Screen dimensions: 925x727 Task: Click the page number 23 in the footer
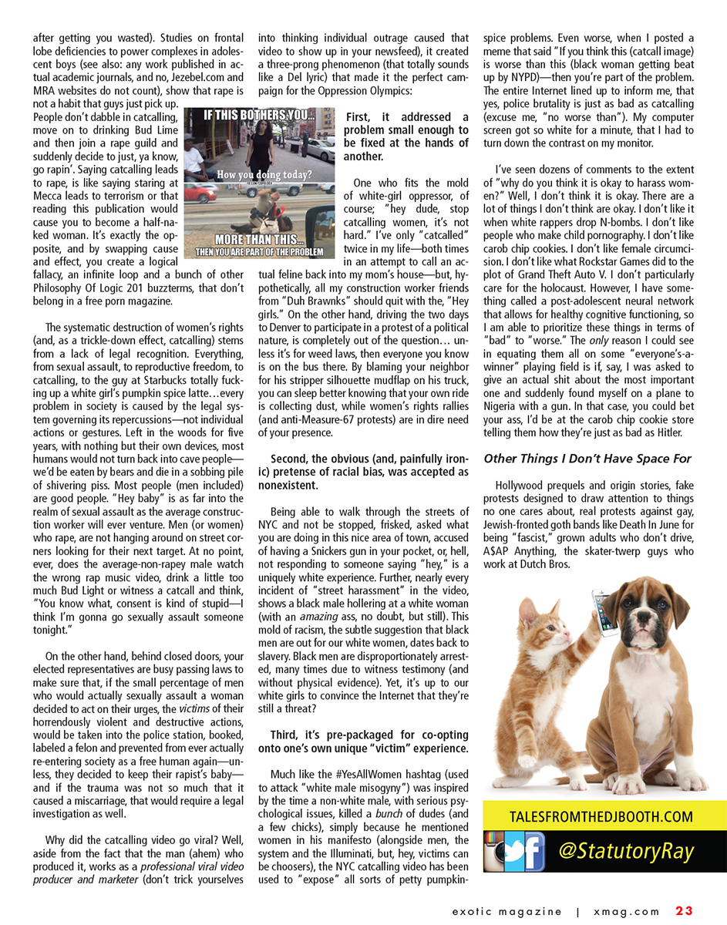684,911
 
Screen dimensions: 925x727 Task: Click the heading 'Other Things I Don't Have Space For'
587,459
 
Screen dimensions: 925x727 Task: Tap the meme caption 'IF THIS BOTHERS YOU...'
259,117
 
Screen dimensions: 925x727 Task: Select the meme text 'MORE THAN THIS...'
259,238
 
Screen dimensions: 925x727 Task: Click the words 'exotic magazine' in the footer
507,911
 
